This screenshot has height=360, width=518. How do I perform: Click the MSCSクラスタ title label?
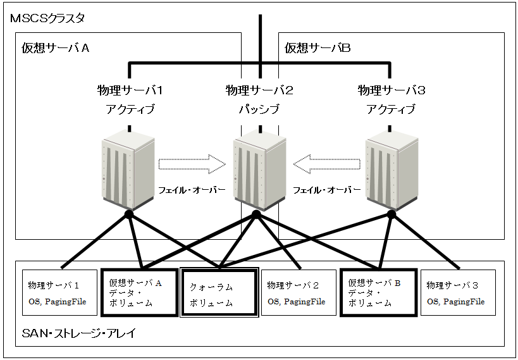(48, 19)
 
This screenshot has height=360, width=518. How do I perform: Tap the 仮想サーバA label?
(54, 49)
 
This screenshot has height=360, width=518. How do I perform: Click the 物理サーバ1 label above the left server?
(130, 90)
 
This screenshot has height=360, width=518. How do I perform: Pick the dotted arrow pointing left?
(326, 164)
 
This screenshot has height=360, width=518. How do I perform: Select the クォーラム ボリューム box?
(219, 293)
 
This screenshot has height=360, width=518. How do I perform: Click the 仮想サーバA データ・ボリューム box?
(139, 293)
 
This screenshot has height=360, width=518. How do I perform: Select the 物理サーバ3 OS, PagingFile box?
(458, 293)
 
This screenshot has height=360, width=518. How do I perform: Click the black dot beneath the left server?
(129, 215)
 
